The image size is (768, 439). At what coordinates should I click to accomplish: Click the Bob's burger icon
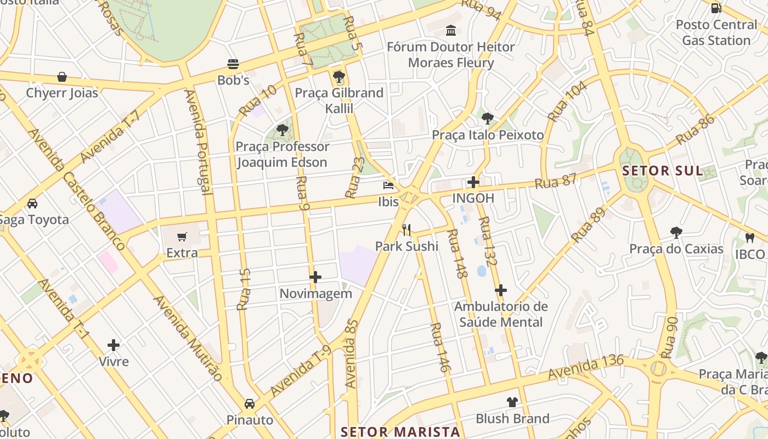(x=233, y=64)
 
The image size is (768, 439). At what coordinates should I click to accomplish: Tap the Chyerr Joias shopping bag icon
(x=62, y=77)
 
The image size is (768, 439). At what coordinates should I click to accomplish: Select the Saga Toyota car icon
(x=32, y=204)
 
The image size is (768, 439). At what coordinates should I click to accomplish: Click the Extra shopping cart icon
(x=182, y=237)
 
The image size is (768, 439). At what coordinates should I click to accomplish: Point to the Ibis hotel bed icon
(x=388, y=185)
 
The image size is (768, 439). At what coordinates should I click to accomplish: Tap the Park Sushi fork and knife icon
(x=406, y=229)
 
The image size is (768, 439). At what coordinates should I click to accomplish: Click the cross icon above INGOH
(x=473, y=182)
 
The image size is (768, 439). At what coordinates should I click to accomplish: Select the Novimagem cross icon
(x=315, y=277)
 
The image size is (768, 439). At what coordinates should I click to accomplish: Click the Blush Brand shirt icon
(x=512, y=402)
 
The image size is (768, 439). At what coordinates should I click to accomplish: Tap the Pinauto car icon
(x=250, y=404)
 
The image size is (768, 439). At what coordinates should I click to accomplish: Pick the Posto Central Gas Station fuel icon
(x=716, y=8)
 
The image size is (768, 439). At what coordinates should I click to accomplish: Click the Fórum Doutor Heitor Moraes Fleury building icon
(x=451, y=30)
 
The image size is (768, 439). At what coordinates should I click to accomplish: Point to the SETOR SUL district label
(x=662, y=171)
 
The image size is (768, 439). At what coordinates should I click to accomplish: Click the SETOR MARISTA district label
(x=400, y=431)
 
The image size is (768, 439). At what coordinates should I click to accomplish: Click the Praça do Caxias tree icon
(x=676, y=233)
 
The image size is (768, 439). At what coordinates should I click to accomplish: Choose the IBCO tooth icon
(x=750, y=238)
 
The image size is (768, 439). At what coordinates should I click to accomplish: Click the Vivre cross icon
(x=114, y=345)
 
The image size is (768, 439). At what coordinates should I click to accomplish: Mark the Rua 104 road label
(x=567, y=101)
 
